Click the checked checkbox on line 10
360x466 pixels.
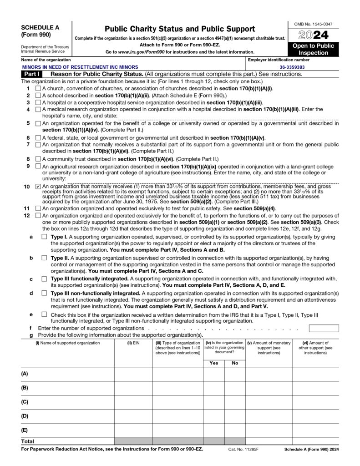click(x=38, y=187)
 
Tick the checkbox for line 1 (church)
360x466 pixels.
click(x=38, y=88)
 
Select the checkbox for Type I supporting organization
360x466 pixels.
click(x=44, y=237)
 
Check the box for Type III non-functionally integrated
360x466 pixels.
click(x=44, y=293)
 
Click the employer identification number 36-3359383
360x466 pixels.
click(x=292, y=67)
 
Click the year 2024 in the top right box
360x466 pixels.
click(x=313, y=35)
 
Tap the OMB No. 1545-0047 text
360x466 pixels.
click(x=313, y=23)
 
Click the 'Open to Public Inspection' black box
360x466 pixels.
click(x=313, y=49)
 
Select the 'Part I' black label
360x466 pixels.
click(x=32, y=74)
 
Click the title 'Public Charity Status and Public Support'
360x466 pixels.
click(x=180, y=29)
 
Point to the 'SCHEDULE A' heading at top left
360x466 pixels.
click(x=38, y=27)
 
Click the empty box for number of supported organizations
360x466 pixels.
click(x=324, y=328)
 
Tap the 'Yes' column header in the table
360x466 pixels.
click(x=213, y=363)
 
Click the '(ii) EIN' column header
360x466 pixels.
click(x=133, y=343)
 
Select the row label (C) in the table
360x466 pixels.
click(x=25, y=402)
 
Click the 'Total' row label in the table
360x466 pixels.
click(x=28, y=441)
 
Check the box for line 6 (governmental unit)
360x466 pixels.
click(x=38, y=138)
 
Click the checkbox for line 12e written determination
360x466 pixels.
click(x=44, y=314)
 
